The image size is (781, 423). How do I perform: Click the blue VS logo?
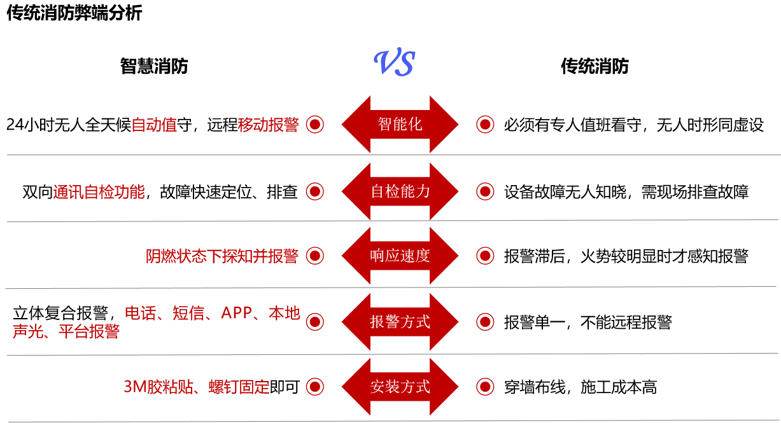[394, 63]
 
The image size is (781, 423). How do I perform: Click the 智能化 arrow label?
[400, 124]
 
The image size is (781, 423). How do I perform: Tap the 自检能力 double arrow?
[400, 191]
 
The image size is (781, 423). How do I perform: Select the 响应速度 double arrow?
[400, 256]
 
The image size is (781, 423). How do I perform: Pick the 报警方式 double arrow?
[400, 322]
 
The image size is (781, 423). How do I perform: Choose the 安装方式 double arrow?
[400, 387]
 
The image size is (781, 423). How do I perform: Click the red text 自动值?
[153, 125]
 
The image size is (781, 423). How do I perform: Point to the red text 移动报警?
[268, 125]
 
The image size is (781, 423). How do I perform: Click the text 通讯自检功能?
[99, 192]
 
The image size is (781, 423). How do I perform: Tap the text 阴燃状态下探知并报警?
[222, 256]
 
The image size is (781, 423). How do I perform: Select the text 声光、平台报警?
[66, 331]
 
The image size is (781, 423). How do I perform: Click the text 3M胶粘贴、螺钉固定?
[197, 387]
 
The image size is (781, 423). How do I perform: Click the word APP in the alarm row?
[237, 313]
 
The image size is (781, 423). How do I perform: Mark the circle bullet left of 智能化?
[315, 124]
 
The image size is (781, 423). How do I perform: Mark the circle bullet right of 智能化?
[485, 124]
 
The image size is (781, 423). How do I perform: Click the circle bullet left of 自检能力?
[315, 191]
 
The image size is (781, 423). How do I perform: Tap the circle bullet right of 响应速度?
[485, 256]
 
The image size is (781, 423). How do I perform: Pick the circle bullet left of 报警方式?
[315, 322]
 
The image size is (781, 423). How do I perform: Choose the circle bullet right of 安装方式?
[485, 387]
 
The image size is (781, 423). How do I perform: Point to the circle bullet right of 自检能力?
[485, 191]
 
